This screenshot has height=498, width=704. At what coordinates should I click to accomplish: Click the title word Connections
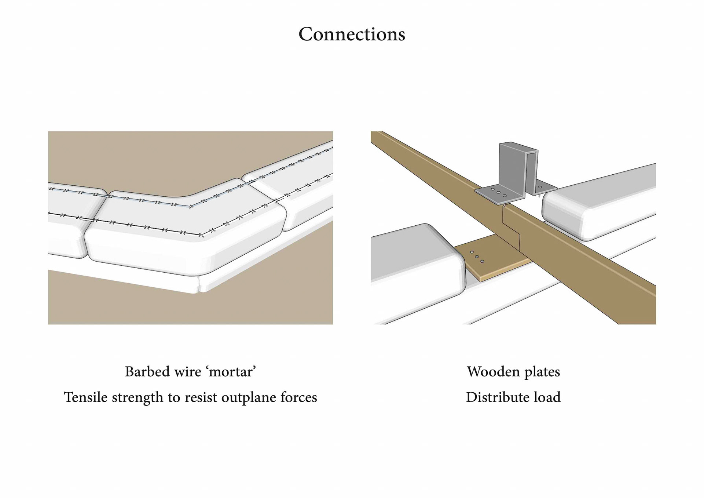coord(352,34)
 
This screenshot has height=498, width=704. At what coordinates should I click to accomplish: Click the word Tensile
coord(86,397)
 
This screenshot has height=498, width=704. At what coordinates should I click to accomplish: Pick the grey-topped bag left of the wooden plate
coord(414,257)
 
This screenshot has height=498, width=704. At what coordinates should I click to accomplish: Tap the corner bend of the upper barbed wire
coord(191,207)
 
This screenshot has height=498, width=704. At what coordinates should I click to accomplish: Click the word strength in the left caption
coord(137,397)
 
